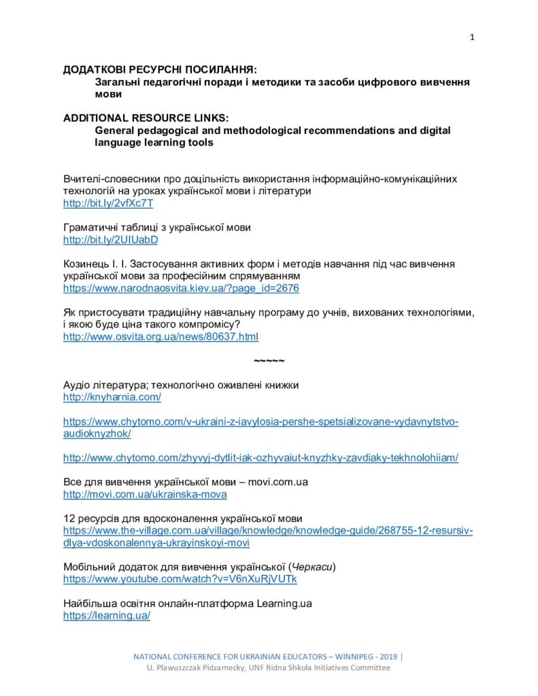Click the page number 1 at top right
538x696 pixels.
coord(472,37)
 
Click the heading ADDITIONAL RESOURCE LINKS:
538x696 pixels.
coord(146,118)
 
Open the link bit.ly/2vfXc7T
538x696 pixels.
coord(108,203)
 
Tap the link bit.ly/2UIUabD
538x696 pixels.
coord(110,240)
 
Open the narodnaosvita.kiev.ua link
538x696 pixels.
coord(181,288)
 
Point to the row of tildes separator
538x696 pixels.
coord(269,360)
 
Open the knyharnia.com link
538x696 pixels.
coord(112,397)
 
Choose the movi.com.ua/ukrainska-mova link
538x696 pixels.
coord(145,494)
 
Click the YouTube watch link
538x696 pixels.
coord(180,579)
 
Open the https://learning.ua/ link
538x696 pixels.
coord(107,615)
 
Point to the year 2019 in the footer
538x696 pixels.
coord(387,657)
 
